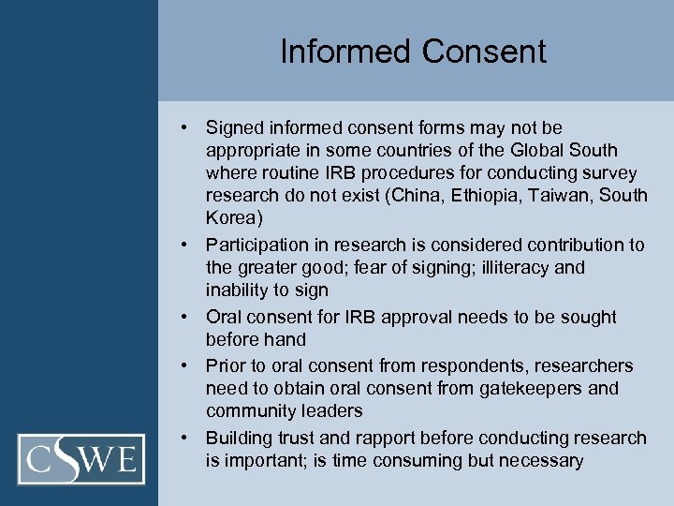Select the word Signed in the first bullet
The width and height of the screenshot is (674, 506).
(234, 127)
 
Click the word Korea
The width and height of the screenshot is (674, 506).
(230, 219)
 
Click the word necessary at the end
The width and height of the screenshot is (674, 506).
(541, 461)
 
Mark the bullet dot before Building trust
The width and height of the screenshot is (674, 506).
(188, 438)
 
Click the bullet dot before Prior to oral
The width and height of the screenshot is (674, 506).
(188, 365)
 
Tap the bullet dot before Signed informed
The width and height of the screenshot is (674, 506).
(188, 127)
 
